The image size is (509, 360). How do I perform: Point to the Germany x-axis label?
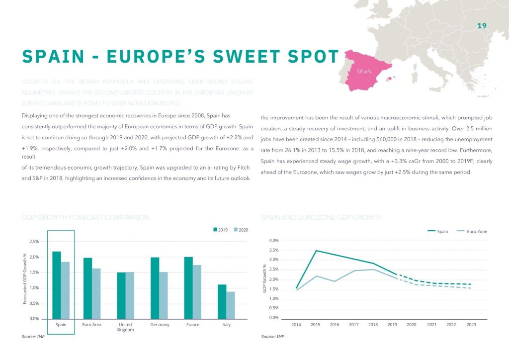pyautogui.click(x=160, y=325)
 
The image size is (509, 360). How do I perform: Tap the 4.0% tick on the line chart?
pyautogui.click(x=273, y=241)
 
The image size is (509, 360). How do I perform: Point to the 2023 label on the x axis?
pyautogui.click(x=471, y=325)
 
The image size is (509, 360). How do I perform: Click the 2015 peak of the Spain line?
pyautogui.click(x=316, y=251)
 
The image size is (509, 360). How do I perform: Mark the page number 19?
pyautogui.click(x=481, y=26)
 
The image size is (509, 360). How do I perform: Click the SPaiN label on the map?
pyautogui.click(x=364, y=72)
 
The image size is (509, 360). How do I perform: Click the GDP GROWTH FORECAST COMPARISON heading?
pyautogui.click(x=85, y=218)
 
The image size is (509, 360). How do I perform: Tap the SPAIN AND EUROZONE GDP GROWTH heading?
pyautogui.click(x=322, y=218)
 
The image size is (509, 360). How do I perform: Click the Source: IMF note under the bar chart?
pyautogui.click(x=33, y=337)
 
